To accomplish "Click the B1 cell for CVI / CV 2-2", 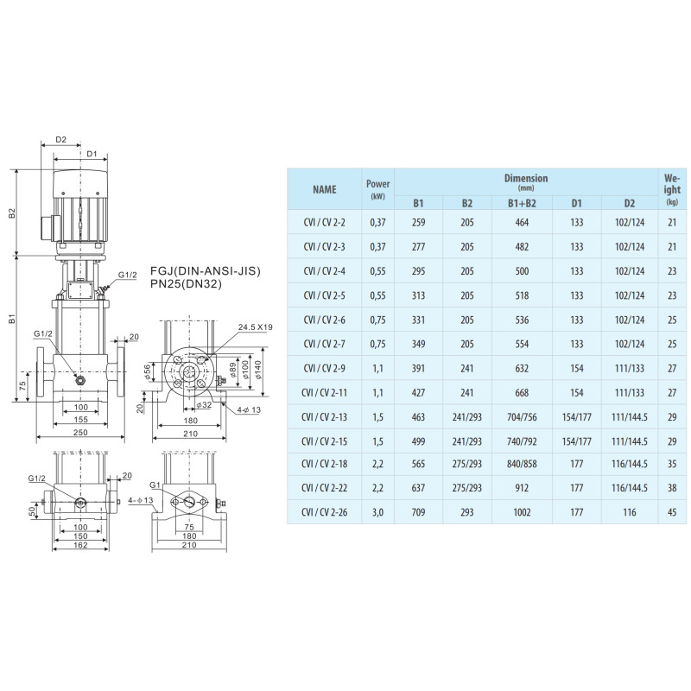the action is click(418, 222).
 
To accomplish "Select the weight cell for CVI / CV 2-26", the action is click(672, 512).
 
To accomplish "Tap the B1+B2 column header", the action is click(522, 203).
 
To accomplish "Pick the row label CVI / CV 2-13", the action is click(324, 417).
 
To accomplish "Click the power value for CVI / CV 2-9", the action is click(377, 369).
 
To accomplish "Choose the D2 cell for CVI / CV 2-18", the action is click(630, 464).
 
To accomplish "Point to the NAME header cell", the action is click(325, 189).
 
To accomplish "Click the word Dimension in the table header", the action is click(526, 178).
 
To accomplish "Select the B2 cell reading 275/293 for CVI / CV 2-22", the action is click(466, 488).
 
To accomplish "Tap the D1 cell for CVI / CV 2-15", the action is click(576, 441).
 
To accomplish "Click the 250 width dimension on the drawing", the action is click(80, 433).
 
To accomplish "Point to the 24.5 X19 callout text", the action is click(255, 327).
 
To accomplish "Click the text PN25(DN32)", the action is click(186, 284).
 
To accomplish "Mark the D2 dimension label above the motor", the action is click(60, 139).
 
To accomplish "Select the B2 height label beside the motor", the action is click(12, 212).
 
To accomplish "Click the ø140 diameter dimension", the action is click(257, 371).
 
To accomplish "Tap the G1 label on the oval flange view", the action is click(155, 485).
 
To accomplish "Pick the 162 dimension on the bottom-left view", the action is click(80, 545).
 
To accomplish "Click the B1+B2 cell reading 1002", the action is click(522, 512).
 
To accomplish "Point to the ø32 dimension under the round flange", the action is click(204, 404).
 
